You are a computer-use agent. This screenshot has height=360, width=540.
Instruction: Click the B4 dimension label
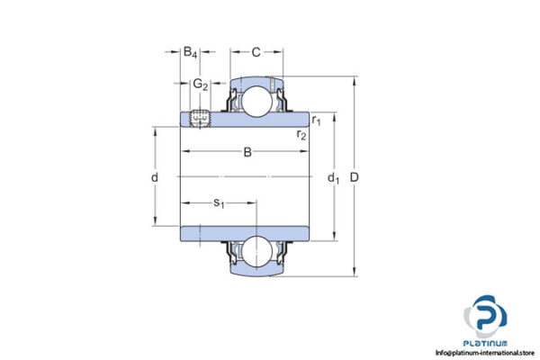(191, 53)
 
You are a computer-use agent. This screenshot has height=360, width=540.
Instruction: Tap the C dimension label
(256, 53)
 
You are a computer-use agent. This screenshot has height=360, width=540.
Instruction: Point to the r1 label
(317, 120)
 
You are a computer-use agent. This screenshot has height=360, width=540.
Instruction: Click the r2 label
(302, 135)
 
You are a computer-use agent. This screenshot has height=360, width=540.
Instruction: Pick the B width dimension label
(247, 152)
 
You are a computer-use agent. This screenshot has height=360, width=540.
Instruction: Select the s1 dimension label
(219, 203)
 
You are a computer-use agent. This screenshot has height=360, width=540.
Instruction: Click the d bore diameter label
(156, 177)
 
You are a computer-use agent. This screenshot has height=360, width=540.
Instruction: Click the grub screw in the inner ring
(200, 117)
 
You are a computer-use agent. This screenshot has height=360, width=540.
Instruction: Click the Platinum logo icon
(487, 316)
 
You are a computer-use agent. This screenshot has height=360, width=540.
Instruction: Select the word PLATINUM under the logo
(487, 342)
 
